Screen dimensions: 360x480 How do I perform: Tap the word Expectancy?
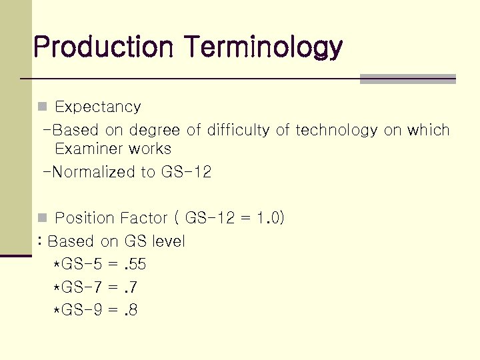point(97,107)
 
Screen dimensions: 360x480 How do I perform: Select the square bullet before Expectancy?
point(42,107)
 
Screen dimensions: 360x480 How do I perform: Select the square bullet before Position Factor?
point(42,218)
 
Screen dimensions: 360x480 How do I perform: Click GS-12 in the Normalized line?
point(186,172)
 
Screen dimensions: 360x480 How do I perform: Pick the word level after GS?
point(168,241)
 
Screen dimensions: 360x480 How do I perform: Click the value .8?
point(131,311)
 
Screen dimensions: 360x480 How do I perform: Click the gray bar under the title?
point(407,79)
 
